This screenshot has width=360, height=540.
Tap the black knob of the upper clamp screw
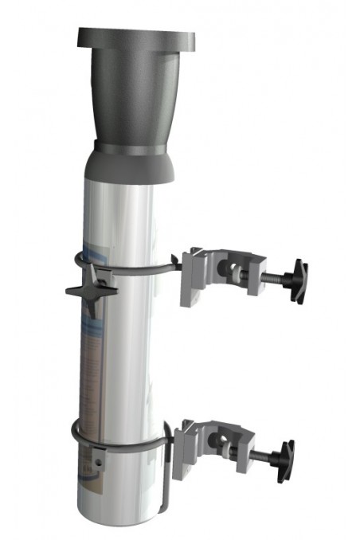pos(299,280)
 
